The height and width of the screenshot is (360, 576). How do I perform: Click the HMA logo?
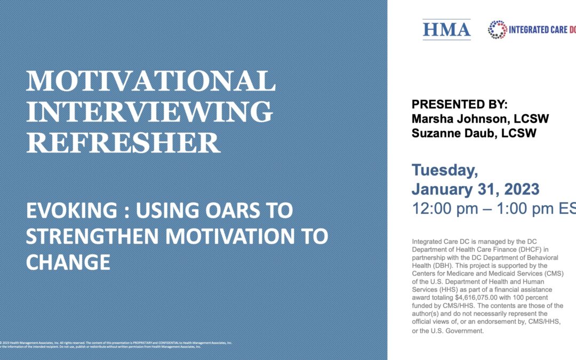446,30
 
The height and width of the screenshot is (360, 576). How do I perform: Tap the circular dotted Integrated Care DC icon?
498,30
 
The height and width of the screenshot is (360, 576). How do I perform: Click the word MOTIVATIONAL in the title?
151,81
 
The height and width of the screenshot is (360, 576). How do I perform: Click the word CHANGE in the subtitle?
68,262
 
